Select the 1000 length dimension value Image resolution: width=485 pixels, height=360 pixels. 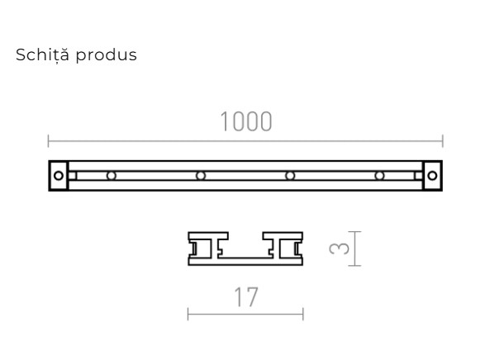pyautogui.click(x=245, y=121)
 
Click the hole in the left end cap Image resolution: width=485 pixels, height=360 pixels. pyautogui.click(x=57, y=175)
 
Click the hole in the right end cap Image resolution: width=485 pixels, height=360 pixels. pyautogui.click(x=432, y=175)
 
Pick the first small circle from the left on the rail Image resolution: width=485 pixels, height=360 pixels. pyautogui.click(x=110, y=175)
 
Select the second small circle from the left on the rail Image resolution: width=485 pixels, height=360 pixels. pyautogui.click(x=200, y=175)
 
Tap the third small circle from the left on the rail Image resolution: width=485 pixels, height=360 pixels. pyautogui.click(x=290, y=175)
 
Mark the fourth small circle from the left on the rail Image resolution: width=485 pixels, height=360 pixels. pyautogui.click(x=379, y=175)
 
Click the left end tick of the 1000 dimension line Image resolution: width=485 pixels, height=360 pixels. pyautogui.click(x=49, y=140)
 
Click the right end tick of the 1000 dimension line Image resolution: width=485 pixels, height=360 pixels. pyautogui.click(x=442, y=140)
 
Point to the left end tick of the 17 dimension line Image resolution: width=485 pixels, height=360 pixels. pyautogui.click(x=188, y=313)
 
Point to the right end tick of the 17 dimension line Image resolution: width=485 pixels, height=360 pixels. pyautogui.click(x=303, y=313)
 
